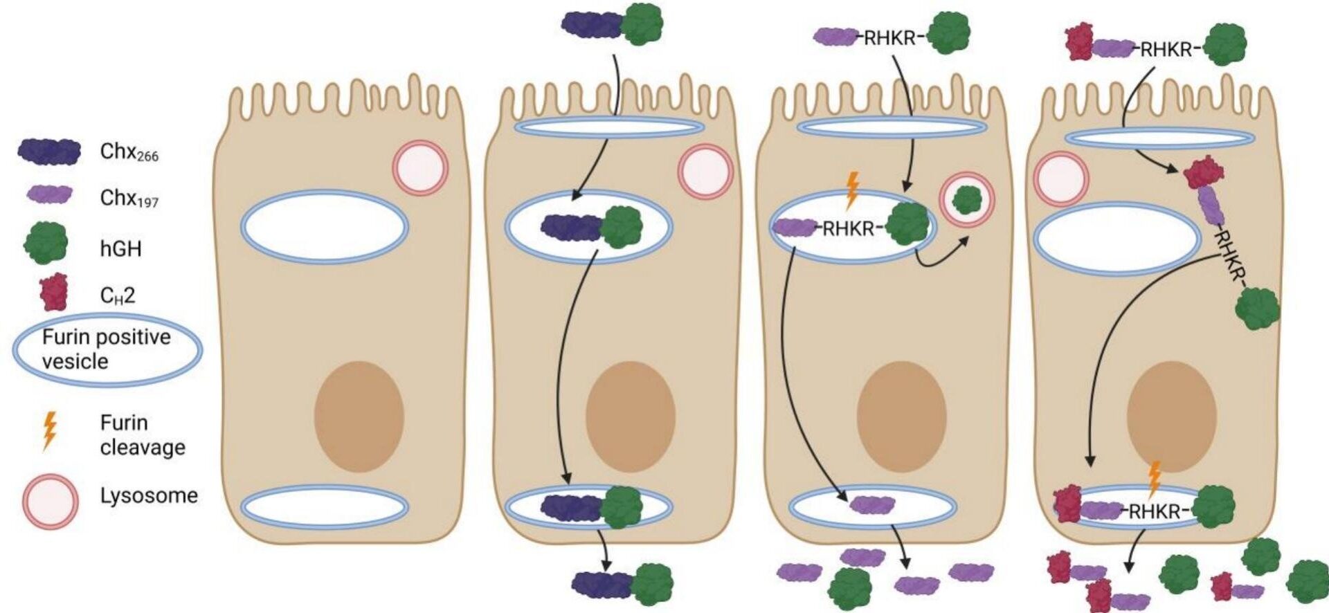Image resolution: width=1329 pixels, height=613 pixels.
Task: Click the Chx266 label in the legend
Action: tap(129, 152)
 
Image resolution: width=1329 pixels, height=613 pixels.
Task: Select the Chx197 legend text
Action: tap(129, 199)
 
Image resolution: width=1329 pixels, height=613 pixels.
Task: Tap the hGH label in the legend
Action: tap(120, 248)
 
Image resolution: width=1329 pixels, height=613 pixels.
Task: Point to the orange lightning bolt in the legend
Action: tap(49, 430)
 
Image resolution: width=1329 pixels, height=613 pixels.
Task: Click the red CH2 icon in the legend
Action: tap(54, 292)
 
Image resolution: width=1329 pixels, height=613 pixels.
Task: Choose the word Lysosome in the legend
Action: tap(149, 495)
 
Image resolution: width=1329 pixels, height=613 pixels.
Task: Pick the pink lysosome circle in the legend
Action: tap(50, 501)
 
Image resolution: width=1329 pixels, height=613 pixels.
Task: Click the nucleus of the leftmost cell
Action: tap(359, 417)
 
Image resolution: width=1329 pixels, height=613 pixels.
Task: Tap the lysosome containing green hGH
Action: tap(967, 200)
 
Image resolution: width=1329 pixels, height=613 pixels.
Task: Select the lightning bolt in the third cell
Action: tap(852, 190)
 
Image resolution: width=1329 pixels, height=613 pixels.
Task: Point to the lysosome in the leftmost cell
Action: tap(420, 168)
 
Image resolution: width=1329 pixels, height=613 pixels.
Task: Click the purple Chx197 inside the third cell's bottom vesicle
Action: tap(872, 505)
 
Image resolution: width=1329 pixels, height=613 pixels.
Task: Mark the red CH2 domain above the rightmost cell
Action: tap(1078, 42)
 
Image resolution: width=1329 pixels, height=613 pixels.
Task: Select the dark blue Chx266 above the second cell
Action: tap(590, 24)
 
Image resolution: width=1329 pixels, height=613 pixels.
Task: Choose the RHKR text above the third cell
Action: tap(889, 39)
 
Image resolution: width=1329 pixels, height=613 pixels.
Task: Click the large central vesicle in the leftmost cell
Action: tap(324, 226)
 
